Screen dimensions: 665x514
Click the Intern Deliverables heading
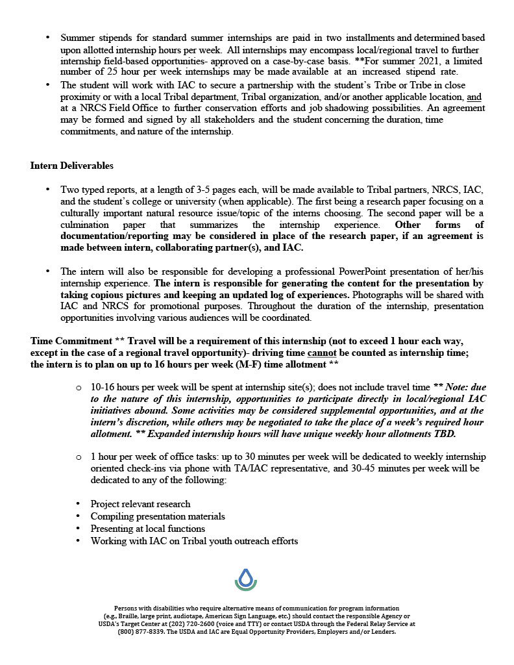click(x=71, y=166)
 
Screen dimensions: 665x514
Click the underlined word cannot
click(x=321, y=353)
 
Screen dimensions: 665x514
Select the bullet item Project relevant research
click(x=140, y=504)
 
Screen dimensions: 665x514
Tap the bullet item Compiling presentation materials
click(x=158, y=516)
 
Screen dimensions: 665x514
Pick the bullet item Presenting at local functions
click(x=148, y=529)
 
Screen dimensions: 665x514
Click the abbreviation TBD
click(x=445, y=434)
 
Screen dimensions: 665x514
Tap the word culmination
click(x=86, y=225)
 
